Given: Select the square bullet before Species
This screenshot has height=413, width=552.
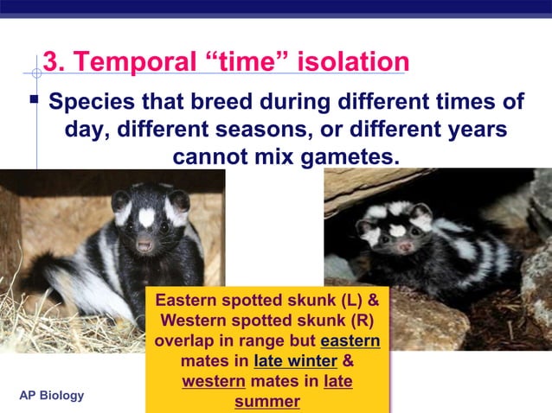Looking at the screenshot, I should tap(34, 100).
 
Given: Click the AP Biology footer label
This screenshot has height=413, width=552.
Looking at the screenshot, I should tap(52, 396).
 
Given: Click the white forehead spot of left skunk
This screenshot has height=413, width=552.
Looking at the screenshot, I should tap(146, 216).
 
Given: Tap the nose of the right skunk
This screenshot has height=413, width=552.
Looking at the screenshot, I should tap(404, 247).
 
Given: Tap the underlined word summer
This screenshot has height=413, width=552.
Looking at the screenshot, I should tap(266, 401).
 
